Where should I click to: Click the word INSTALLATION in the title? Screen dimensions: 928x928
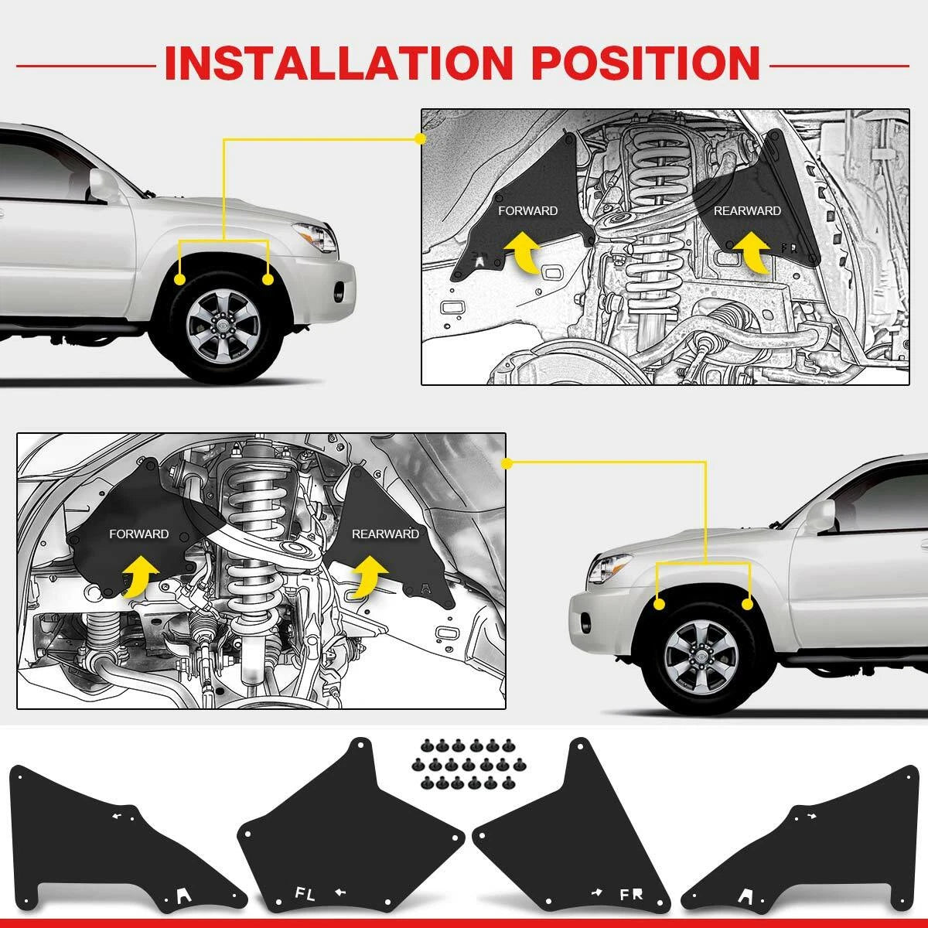click(339, 63)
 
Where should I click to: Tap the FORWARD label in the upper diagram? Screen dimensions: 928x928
click(528, 210)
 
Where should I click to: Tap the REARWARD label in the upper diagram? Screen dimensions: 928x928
click(747, 210)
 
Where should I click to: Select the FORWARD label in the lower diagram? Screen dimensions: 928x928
click(138, 534)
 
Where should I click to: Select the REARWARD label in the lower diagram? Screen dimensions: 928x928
click(385, 534)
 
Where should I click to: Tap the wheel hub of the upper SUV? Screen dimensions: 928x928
click(223, 327)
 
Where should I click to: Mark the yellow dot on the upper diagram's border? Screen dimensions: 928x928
click(420, 139)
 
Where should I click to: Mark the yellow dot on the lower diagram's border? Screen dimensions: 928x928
click(506, 464)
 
